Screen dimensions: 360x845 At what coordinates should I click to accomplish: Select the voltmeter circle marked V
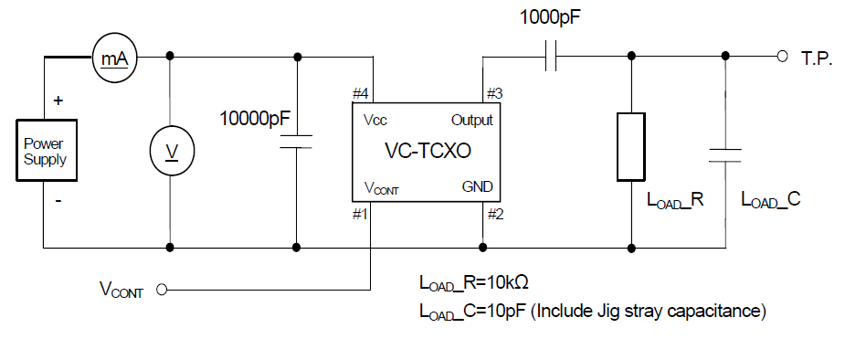click(170, 151)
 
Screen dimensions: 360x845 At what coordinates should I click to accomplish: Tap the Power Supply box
click(45, 151)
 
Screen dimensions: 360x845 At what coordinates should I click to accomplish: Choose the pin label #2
click(494, 216)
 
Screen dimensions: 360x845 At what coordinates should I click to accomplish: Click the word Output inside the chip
click(471, 120)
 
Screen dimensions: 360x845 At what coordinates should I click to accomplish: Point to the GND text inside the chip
click(478, 186)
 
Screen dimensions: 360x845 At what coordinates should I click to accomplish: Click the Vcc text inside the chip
click(375, 120)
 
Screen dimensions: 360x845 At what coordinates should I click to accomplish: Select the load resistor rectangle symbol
click(631, 146)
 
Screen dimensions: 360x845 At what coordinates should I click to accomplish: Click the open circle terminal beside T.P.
click(782, 56)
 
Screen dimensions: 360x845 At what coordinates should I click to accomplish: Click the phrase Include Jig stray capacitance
click(650, 312)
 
